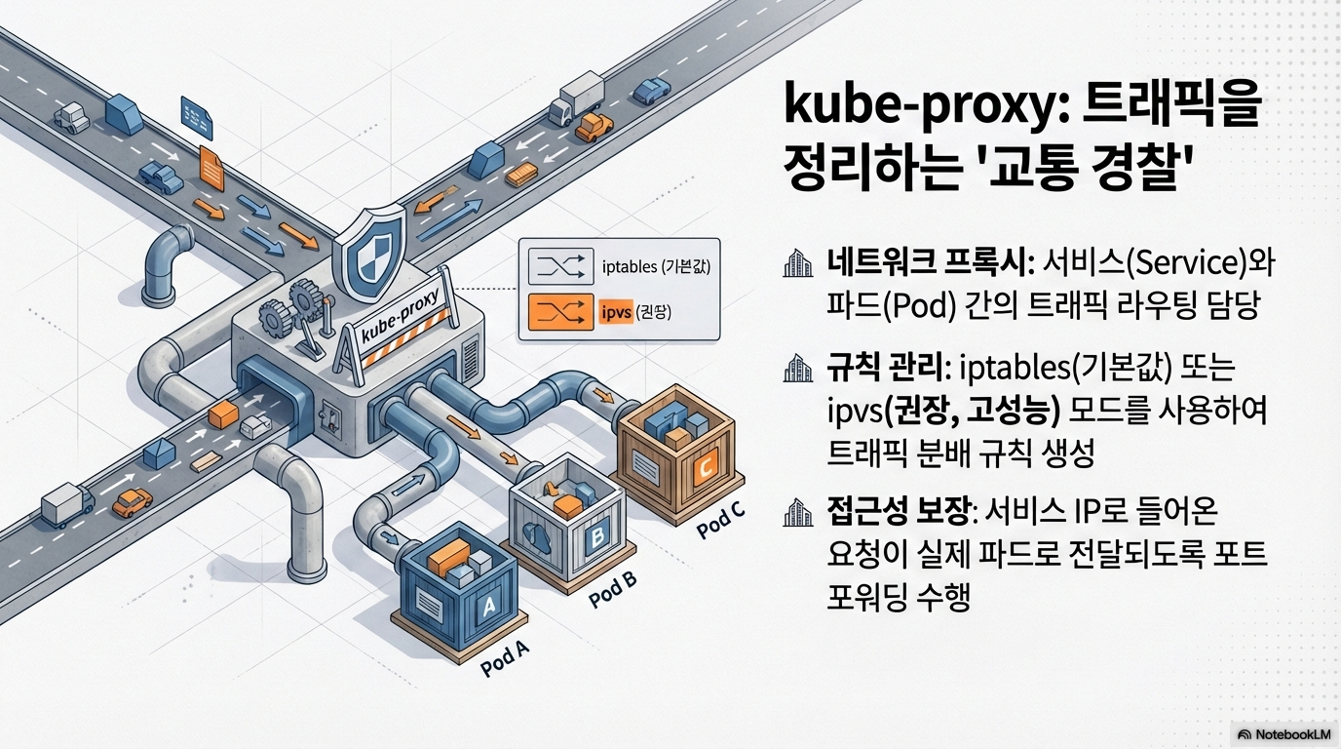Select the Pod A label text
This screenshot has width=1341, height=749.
pos(505,661)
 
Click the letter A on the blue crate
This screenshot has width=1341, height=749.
pos(487,607)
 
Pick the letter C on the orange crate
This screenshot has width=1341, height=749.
pos(704,467)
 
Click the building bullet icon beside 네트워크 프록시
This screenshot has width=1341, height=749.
pos(798,263)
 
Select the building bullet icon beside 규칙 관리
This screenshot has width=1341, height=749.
pos(798,369)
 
